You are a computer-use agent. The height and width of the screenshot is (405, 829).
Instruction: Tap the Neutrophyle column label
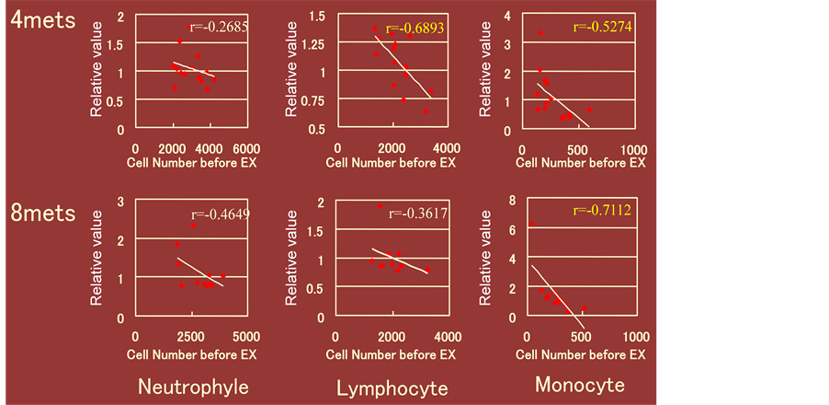click(193, 386)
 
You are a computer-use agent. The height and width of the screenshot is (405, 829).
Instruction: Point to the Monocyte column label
click(580, 384)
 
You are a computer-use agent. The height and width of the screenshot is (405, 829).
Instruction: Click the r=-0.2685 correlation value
click(216, 26)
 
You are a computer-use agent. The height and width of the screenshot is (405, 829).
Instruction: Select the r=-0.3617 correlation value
click(419, 214)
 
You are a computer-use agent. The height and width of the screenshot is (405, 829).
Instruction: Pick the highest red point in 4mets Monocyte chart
click(540, 33)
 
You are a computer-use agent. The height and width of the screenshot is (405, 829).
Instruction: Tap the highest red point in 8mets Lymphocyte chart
click(380, 206)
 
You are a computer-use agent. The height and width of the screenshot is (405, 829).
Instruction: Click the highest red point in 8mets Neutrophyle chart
click(193, 225)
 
